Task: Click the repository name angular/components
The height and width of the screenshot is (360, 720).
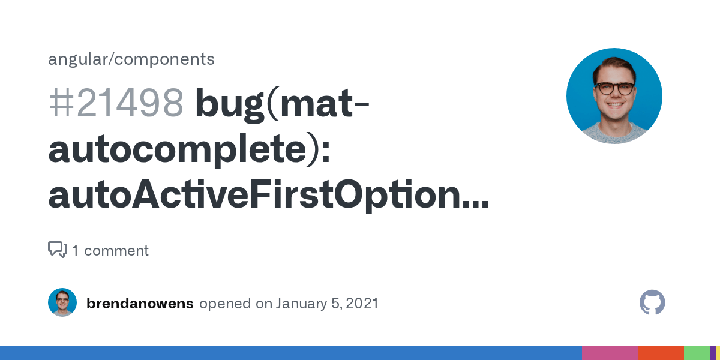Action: (131, 59)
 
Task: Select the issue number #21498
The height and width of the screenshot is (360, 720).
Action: (116, 103)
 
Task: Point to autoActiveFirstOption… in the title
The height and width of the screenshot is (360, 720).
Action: (268, 196)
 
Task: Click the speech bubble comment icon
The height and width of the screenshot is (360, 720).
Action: (58, 250)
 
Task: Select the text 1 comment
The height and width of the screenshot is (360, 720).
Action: (110, 250)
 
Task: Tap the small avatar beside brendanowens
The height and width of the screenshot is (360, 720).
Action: (62, 302)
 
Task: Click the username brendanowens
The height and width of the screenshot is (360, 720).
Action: (140, 304)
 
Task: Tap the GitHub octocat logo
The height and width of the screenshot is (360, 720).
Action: (652, 302)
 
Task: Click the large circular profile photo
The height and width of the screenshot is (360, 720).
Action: (614, 96)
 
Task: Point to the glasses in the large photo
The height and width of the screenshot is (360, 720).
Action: (614, 89)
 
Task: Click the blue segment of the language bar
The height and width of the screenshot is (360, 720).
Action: (290, 353)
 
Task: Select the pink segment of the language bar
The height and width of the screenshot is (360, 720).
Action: (610, 353)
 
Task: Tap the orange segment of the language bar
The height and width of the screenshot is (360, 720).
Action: (661, 353)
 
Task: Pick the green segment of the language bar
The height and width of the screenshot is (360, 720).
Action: (697, 353)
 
